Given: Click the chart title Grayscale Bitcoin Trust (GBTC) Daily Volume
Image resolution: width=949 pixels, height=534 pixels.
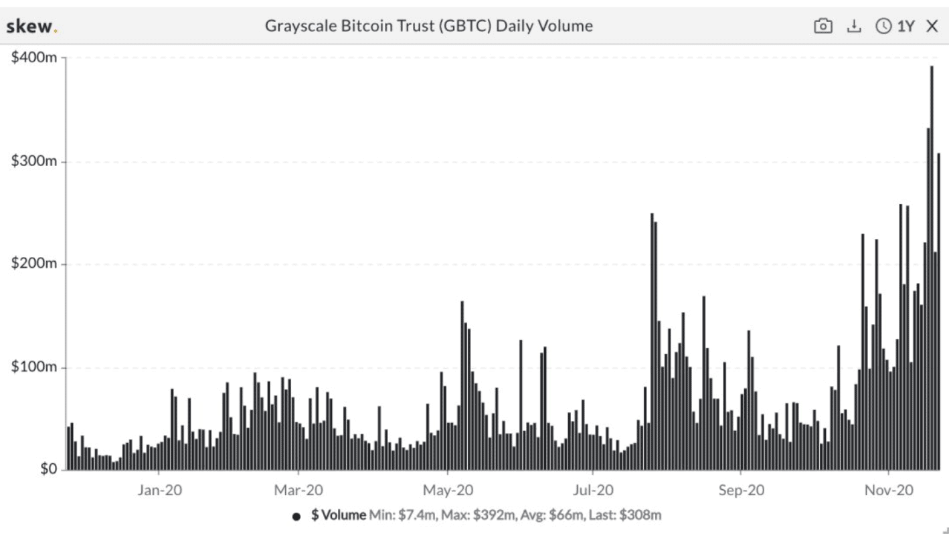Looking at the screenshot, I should [x=429, y=26].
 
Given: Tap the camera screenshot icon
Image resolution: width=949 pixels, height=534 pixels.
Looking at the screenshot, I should [x=823, y=26].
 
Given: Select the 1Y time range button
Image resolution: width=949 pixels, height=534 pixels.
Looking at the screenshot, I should [x=895, y=26].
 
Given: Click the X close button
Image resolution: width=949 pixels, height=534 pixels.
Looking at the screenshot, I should [x=932, y=26].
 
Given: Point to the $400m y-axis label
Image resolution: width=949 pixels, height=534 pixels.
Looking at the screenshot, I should [x=33, y=58].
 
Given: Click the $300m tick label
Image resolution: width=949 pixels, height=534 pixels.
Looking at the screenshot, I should [x=33, y=162].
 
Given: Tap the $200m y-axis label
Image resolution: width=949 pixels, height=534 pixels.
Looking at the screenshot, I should [x=33, y=264].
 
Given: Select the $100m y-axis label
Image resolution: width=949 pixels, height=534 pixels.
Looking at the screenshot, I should [x=33, y=367].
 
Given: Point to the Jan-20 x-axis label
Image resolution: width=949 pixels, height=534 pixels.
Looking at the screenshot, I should [x=159, y=491].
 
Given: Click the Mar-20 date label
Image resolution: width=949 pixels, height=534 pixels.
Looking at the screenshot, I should [x=298, y=491].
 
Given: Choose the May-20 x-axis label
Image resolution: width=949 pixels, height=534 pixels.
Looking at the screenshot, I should [x=448, y=491].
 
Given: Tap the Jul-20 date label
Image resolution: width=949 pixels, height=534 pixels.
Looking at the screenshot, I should [x=594, y=491].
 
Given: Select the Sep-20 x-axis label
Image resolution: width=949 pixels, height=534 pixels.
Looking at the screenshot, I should [x=742, y=491].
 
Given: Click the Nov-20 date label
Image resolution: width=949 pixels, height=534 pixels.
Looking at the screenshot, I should [x=889, y=491].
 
